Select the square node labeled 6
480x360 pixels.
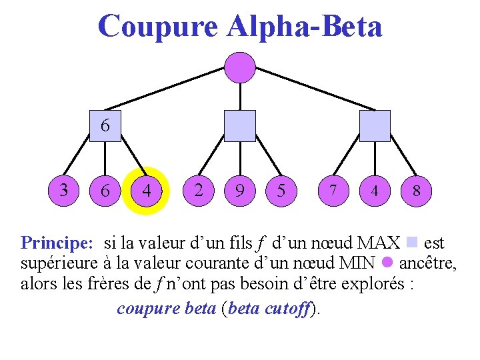105,125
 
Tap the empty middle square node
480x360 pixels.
239,125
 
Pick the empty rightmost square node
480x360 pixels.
375,125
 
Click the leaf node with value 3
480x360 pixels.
63,190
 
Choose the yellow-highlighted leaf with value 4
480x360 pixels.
147,191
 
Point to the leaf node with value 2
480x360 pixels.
198,190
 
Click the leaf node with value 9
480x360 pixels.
239,191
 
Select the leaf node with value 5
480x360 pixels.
281,191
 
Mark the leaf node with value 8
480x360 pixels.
416,191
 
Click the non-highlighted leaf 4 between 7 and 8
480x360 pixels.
375,191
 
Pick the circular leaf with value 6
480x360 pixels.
105,191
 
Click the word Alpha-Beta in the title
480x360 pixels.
304,27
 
